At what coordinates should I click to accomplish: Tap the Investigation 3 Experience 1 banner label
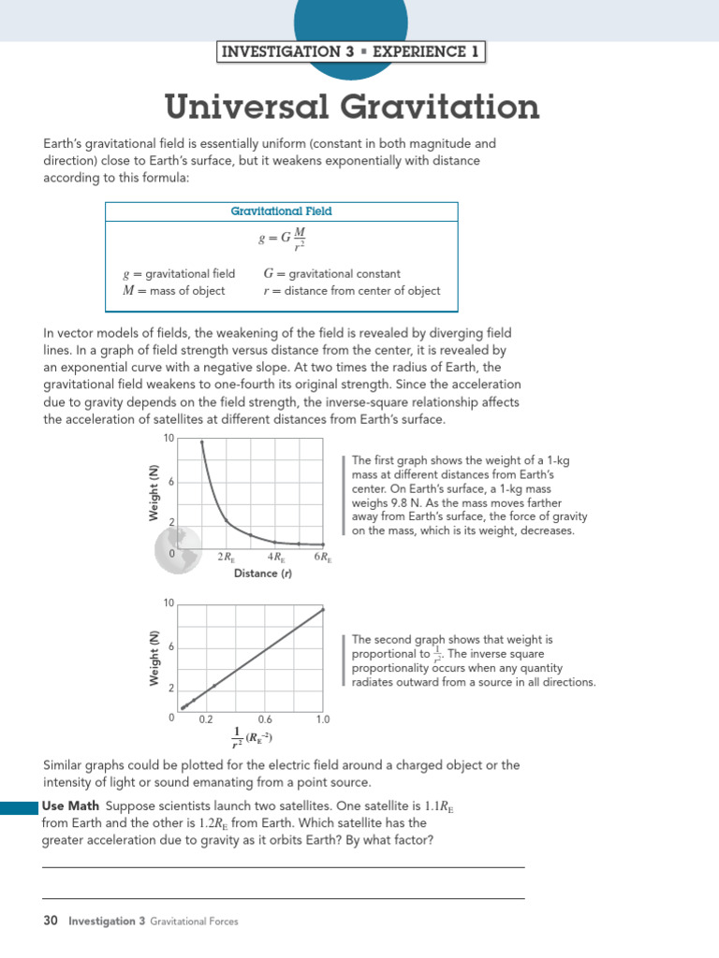coord(349,51)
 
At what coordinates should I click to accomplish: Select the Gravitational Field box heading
coord(281,211)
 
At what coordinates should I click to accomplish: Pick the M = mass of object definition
coord(174,291)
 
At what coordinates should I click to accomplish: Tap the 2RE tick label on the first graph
coord(227,558)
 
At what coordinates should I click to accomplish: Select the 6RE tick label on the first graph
coord(323,558)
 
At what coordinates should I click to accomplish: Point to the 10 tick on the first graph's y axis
coord(169,439)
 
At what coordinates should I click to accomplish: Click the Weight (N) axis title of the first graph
coord(152,494)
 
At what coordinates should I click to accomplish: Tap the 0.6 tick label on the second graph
coord(265,719)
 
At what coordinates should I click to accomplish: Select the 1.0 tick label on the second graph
coord(323,719)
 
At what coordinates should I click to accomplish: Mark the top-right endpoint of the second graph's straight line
coord(323,609)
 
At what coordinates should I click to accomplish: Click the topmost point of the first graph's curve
coord(201,442)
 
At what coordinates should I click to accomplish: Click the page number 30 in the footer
coord(51,922)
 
